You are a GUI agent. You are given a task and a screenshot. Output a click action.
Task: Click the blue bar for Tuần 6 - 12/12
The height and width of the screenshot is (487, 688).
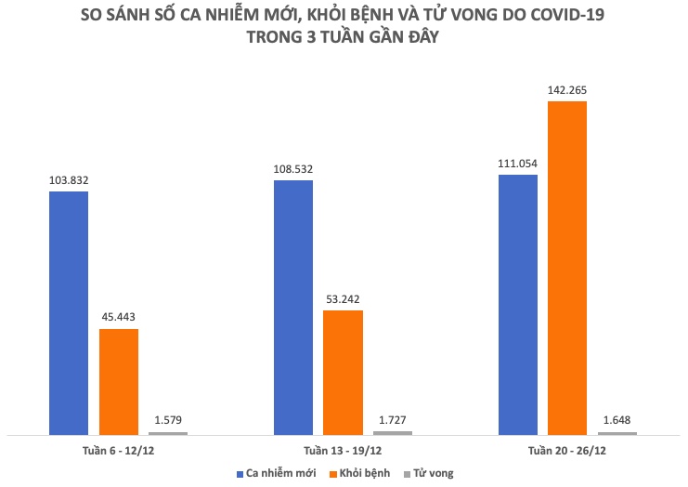[69, 312]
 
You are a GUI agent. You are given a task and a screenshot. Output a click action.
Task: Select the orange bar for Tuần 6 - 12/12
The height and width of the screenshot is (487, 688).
[119, 368]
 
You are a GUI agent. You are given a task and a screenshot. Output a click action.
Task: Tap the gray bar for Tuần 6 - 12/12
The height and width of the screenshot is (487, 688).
[168, 432]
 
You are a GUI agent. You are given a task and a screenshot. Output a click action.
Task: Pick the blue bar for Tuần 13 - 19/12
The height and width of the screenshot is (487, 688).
[293, 307]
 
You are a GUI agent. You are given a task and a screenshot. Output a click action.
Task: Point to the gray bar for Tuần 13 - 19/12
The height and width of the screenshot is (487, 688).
[393, 432]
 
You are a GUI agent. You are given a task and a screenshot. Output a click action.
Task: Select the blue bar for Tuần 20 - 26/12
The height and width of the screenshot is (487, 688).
[518, 304]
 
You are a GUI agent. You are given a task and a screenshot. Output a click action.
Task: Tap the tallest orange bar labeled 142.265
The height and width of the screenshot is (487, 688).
[567, 267]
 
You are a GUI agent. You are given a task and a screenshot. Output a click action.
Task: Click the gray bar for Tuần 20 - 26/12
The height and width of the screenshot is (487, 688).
[617, 432]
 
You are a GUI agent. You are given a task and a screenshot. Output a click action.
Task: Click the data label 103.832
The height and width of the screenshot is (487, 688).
[69, 180]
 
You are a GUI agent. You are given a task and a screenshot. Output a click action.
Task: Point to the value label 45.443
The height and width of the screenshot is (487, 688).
[119, 317]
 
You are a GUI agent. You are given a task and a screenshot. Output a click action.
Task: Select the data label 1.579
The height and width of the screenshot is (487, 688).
[168, 419]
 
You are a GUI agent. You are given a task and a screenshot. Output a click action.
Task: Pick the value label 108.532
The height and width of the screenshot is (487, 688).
[293, 169]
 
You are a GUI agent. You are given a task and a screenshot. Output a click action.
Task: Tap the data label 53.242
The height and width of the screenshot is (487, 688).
[343, 299]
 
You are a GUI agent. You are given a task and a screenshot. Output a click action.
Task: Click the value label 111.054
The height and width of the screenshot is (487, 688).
[518, 164]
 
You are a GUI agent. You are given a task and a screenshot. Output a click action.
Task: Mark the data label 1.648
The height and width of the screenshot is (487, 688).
[617, 419]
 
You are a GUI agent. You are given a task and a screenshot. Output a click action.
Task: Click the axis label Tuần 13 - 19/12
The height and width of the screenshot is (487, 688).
[343, 451]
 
